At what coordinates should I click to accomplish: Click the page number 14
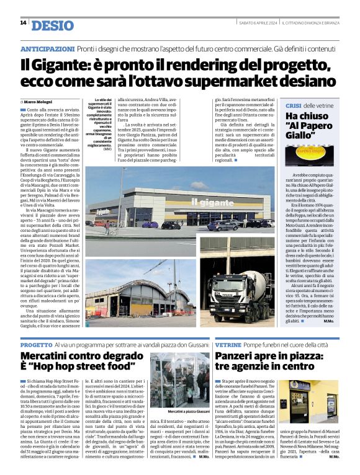[x=23, y=23]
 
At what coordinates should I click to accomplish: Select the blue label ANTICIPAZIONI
[x=47, y=48]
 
